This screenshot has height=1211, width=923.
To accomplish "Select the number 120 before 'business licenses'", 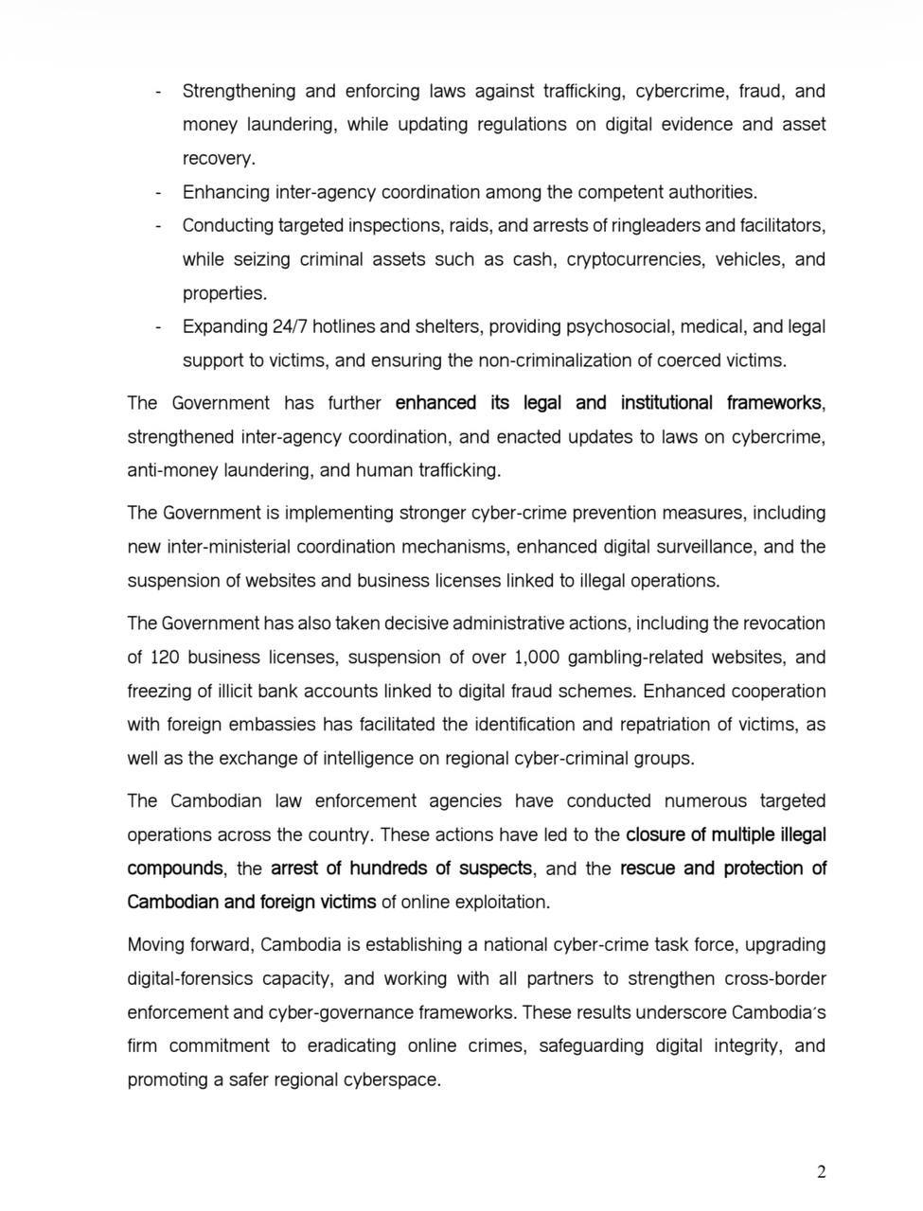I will click(x=166, y=658).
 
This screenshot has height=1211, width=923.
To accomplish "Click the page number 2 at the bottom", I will click(x=821, y=1173).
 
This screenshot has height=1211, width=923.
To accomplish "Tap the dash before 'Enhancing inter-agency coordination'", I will click(x=158, y=193).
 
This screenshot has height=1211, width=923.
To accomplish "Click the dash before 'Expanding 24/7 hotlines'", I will click(x=158, y=327).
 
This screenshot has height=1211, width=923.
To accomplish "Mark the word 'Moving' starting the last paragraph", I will click(x=157, y=945).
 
